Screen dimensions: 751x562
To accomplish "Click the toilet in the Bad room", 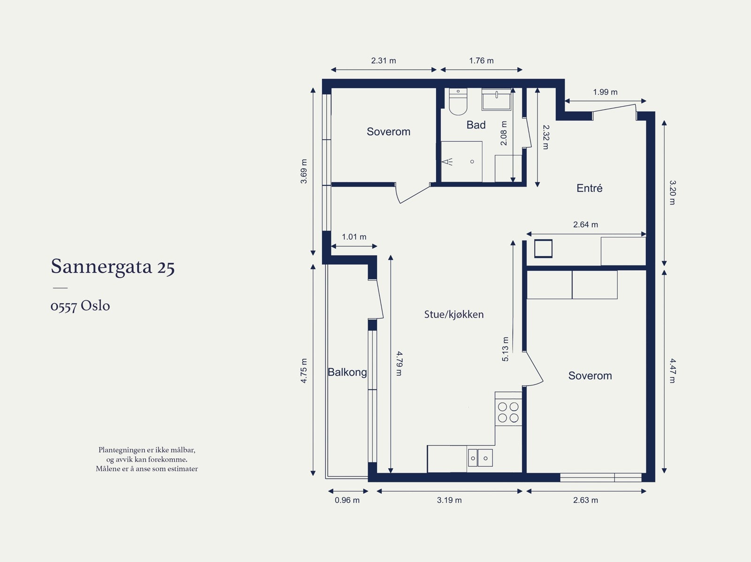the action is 458,101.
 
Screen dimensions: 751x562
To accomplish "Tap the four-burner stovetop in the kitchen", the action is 508,412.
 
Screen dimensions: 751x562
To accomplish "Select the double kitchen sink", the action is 480,458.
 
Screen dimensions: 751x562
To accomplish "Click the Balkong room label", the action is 347,372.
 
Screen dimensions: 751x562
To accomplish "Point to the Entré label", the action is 589,188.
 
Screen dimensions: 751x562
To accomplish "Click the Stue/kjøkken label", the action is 454,314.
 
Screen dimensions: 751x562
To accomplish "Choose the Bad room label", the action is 476,125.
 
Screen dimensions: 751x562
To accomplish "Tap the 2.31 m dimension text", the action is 383,61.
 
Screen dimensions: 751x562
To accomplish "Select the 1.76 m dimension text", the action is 481,61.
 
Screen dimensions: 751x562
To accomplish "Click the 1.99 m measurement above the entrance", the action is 605,92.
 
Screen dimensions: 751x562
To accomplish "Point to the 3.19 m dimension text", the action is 449,500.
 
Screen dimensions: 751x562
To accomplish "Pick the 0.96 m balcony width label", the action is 347,500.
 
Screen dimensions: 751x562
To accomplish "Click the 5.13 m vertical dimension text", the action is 506,349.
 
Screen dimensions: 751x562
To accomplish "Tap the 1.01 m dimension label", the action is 354,236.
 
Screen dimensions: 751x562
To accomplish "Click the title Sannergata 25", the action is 113,266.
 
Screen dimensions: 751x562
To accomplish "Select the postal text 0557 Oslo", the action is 80,306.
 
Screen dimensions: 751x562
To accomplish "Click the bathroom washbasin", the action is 497,99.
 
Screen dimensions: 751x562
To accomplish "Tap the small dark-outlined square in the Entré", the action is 544,249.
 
